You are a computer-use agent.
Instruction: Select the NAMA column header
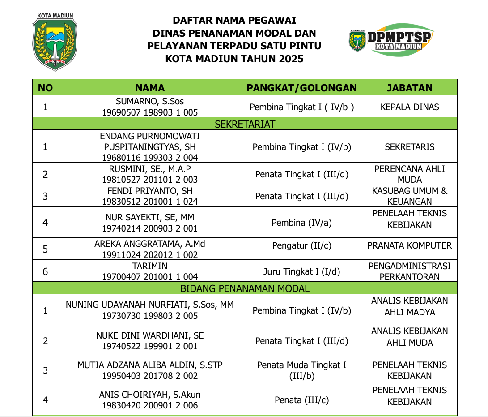coord(150,88)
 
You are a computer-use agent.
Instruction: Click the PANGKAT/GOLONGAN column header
coord(302,88)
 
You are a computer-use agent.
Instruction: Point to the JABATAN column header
coord(409,88)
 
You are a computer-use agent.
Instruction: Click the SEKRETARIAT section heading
coord(245,124)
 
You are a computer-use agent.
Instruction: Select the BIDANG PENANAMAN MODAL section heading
coord(245,288)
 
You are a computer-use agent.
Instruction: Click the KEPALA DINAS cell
coord(409,107)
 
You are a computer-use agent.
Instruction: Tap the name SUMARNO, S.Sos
coord(150,102)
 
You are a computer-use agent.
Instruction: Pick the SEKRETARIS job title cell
coord(409,146)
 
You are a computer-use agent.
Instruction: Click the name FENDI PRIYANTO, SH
coord(150,191)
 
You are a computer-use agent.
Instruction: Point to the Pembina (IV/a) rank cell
coord(302,223)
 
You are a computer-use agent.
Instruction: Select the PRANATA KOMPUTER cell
coord(409,245)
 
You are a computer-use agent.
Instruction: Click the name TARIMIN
coord(150,266)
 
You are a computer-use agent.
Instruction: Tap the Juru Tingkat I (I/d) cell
coord(302,271)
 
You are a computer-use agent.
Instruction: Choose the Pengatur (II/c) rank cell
coord(302,245)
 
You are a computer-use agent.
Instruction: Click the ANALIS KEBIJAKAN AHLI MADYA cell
coord(409,306)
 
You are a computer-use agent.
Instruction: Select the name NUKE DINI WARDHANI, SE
coord(150,335)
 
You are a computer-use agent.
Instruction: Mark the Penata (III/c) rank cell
coord(302,400)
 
